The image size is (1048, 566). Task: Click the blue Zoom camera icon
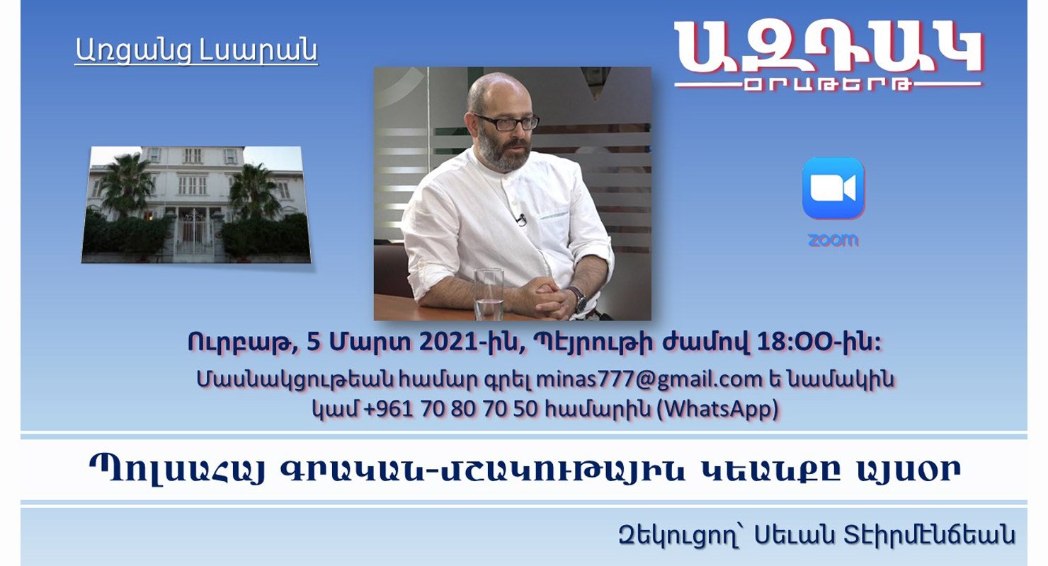click(x=833, y=188)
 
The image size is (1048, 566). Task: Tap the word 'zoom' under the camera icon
click(x=833, y=241)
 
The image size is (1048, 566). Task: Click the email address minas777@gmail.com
click(x=649, y=379)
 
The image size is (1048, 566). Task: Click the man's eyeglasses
click(x=507, y=122)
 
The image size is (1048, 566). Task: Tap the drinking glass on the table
click(x=489, y=294)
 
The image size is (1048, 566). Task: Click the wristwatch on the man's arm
click(x=579, y=299)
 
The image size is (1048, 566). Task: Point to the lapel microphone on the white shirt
click(x=520, y=219)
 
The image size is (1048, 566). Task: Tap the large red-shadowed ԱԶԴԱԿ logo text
click(x=828, y=48)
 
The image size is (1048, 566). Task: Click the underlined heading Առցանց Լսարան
click(x=196, y=50)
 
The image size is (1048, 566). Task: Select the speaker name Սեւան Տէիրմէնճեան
click(x=884, y=536)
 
